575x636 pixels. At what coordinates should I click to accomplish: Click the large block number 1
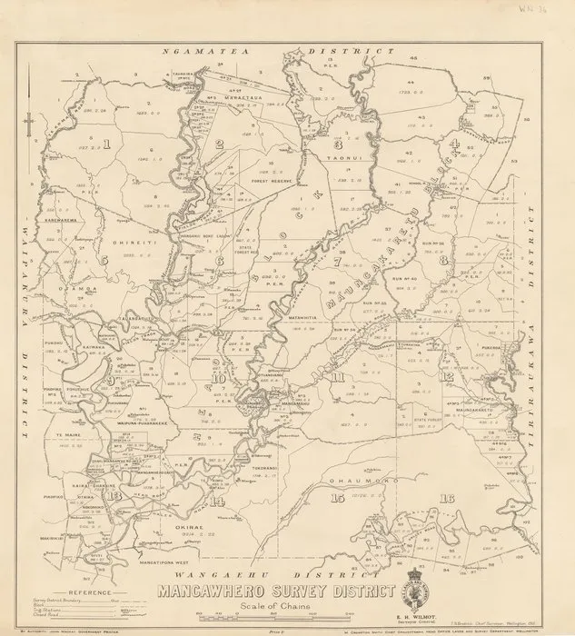tap(107, 143)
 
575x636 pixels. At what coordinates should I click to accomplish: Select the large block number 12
tap(447, 375)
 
